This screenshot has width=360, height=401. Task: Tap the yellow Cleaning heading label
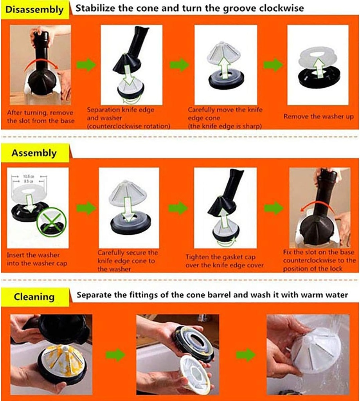(x=34, y=296)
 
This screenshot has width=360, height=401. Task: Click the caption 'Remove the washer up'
(x=318, y=117)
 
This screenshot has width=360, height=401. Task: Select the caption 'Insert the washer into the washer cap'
(x=34, y=259)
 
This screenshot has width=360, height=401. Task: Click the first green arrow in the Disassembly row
(x=86, y=65)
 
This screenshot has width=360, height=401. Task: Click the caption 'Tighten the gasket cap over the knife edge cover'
(x=224, y=261)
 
